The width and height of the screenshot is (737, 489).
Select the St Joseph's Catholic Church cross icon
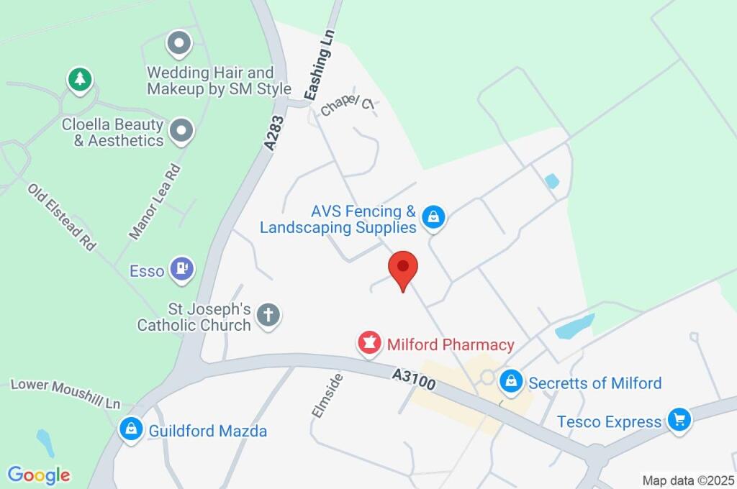click(x=268, y=315)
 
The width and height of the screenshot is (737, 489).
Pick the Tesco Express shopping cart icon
click(x=678, y=420)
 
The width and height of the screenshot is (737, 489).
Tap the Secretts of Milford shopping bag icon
click(x=510, y=382)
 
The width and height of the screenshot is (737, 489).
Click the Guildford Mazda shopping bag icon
click(x=131, y=430)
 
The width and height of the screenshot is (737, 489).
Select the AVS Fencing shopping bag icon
click(x=433, y=217)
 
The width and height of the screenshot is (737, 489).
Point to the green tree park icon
click(x=80, y=79)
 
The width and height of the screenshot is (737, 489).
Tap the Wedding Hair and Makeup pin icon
click(x=178, y=44)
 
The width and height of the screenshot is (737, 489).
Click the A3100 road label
click(x=415, y=380)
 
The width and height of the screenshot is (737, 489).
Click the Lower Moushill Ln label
click(x=65, y=393)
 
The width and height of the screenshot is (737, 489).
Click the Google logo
click(x=39, y=475)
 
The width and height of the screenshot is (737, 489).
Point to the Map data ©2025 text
click(x=688, y=480)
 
